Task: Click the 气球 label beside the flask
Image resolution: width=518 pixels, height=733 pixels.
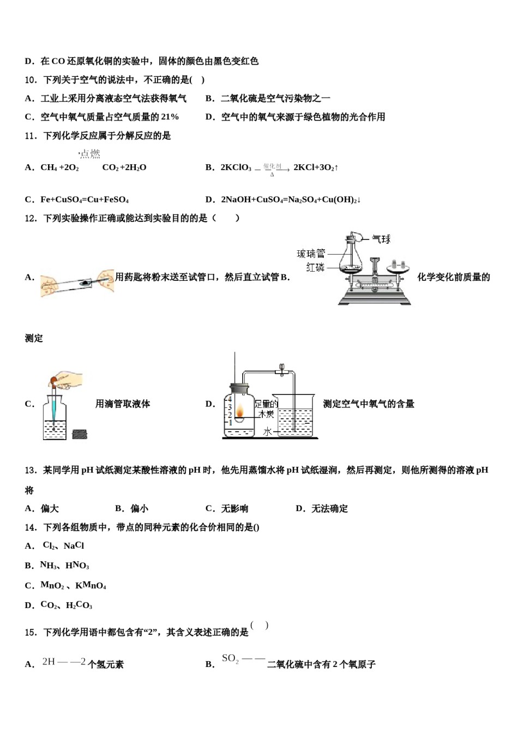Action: click(381, 239)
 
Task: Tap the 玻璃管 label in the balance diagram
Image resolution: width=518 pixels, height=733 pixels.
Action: click(310, 254)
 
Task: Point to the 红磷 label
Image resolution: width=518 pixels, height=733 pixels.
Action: click(315, 267)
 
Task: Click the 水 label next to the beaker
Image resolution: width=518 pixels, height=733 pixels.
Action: click(267, 431)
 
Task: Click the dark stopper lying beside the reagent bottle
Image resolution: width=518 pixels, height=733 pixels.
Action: click(80, 434)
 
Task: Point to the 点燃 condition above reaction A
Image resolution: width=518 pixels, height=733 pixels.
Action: click(90, 154)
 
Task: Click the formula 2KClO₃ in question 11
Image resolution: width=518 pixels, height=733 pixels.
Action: click(236, 168)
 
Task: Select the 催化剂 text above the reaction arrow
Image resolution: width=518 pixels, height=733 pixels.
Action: click(272, 166)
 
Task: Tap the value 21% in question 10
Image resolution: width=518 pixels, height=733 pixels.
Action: click(170, 117)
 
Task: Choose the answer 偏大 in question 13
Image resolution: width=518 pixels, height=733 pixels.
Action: click(50, 508)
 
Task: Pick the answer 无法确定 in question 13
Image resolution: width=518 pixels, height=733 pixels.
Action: click(329, 508)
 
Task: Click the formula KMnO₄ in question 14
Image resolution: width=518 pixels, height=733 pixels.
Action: click(91, 586)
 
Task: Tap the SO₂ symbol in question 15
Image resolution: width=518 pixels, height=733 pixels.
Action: click(230, 659)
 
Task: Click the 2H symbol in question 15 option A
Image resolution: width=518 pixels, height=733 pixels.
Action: click(49, 662)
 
